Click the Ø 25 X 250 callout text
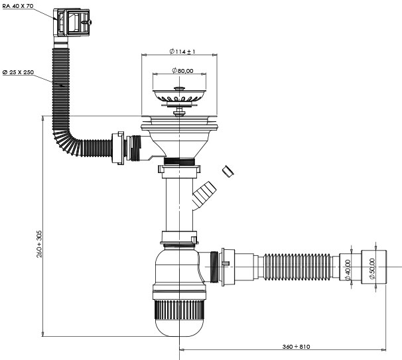(x=19, y=72)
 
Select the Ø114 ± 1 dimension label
(x=181, y=52)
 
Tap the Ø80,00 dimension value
(x=180, y=71)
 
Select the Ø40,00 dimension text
(x=346, y=269)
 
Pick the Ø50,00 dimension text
(x=371, y=269)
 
